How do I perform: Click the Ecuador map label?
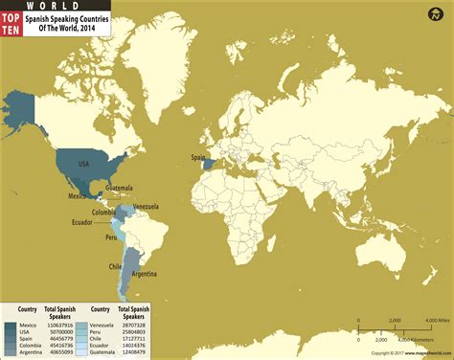point(81,222)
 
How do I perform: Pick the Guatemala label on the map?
point(119,188)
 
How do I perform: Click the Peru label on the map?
point(110,236)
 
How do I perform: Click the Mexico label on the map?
point(79,195)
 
